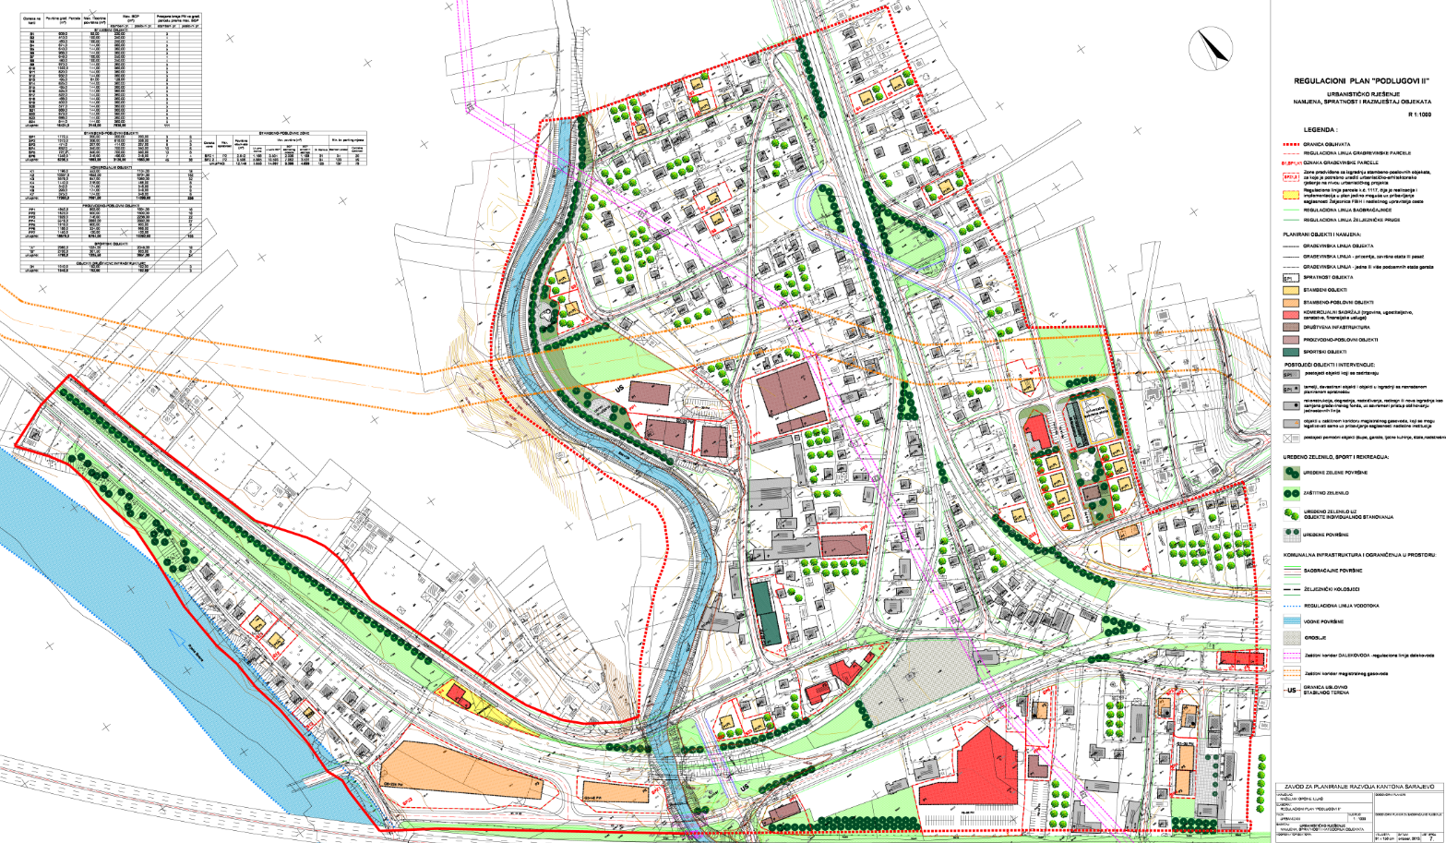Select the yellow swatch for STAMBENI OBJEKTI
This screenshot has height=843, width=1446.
(1290, 290)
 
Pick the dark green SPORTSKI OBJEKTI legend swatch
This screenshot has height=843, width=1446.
(1290, 352)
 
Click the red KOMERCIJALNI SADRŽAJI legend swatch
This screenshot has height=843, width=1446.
(1290, 315)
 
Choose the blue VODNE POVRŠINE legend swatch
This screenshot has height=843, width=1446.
(1290, 622)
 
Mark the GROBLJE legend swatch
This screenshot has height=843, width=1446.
(1290, 638)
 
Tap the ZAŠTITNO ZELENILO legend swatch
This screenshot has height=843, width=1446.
(1290, 491)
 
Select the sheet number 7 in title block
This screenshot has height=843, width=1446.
(1431, 837)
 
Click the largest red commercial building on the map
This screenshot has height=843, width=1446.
(970, 768)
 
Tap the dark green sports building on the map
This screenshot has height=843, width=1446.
(765, 611)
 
